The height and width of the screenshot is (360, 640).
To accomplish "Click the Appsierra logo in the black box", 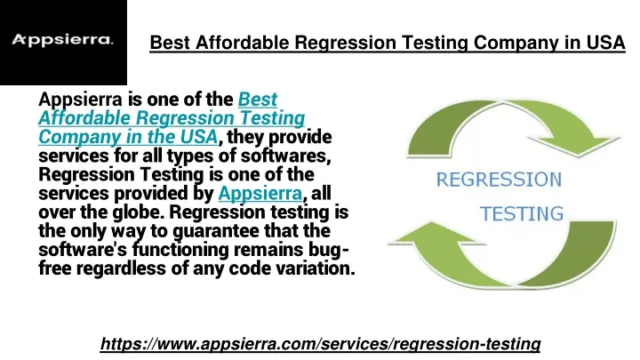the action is pyautogui.click(x=62, y=40).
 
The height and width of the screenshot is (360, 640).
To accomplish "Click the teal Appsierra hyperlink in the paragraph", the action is pyautogui.click(x=260, y=194).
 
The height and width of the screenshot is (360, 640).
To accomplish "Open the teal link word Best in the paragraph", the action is pyautogui.click(x=258, y=100).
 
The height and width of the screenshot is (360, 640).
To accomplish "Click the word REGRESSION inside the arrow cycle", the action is pyautogui.click(x=499, y=180).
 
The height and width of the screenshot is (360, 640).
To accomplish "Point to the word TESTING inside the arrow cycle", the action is pyautogui.click(x=522, y=214).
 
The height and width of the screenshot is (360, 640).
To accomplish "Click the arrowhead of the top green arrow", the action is pyautogui.click(x=578, y=146).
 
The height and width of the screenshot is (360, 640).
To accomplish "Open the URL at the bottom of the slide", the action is pyautogui.click(x=320, y=344).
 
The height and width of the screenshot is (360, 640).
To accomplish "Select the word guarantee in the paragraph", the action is pyautogui.click(x=216, y=232).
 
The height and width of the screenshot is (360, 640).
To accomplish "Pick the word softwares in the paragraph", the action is pyautogui.click(x=285, y=156).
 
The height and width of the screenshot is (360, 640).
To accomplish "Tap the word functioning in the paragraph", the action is pyautogui.click(x=180, y=251).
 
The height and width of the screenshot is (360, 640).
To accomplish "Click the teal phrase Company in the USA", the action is pyautogui.click(x=128, y=138).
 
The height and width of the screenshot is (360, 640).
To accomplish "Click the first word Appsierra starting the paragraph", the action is pyautogui.click(x=80, y=100).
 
